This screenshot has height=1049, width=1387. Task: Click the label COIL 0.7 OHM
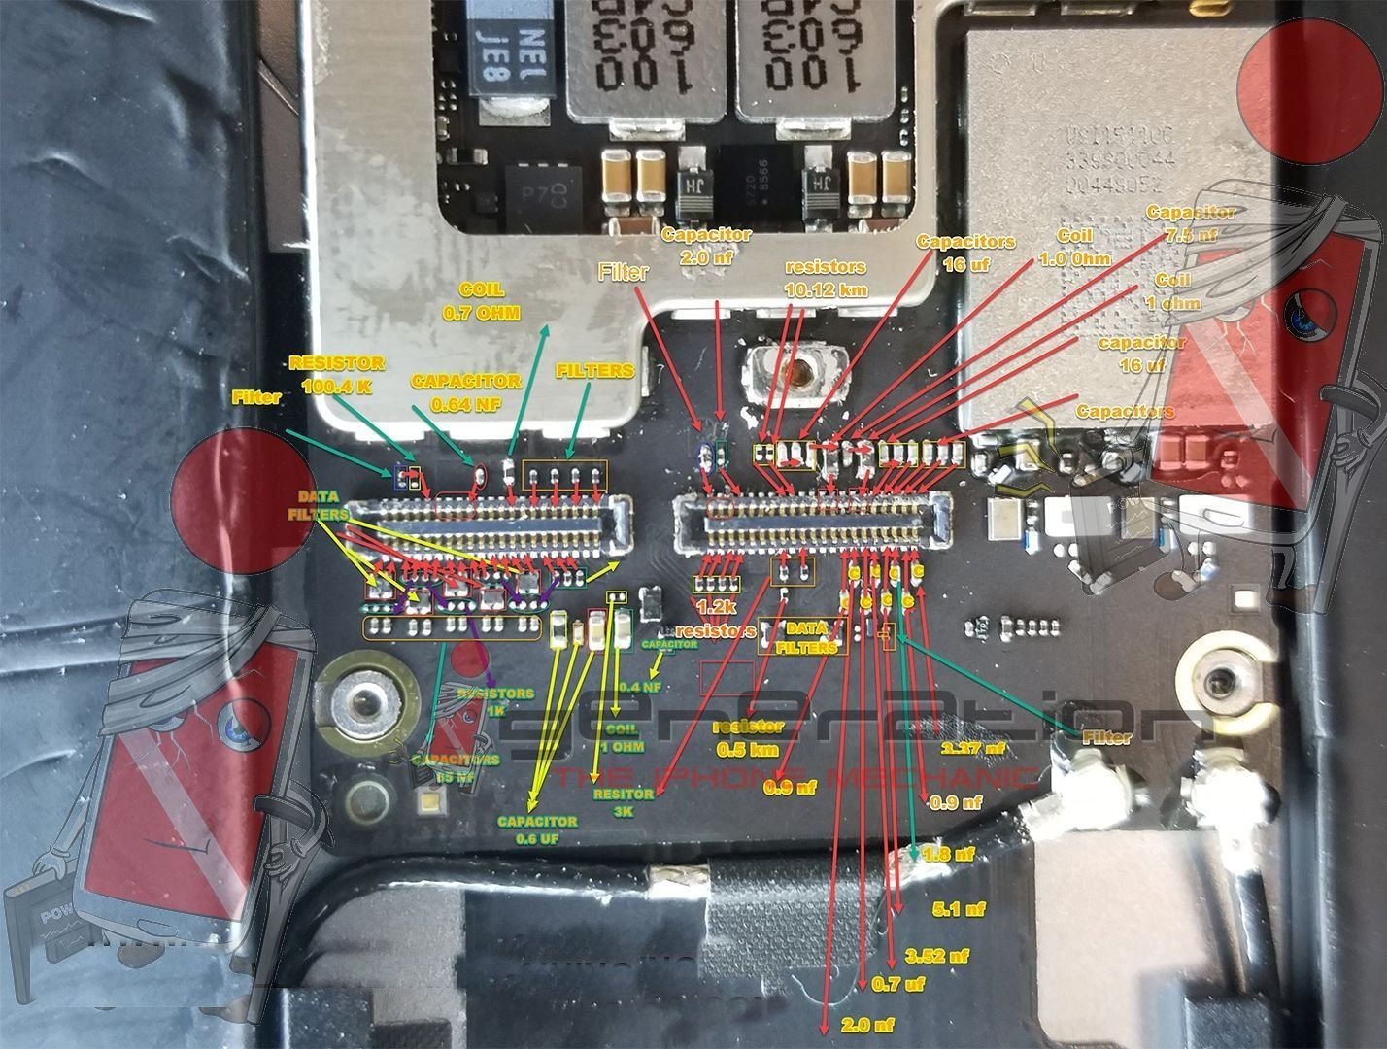481,302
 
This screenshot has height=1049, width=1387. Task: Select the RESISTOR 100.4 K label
337,374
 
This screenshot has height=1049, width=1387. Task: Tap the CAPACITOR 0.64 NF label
466,391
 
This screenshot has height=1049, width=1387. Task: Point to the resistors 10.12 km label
826,277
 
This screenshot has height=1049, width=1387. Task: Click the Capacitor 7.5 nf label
1191,223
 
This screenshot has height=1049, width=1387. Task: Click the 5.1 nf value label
959,909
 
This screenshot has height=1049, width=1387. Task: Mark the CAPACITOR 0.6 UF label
537,829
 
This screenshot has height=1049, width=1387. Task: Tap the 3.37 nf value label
974,748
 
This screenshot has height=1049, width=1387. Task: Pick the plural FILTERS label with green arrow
594,371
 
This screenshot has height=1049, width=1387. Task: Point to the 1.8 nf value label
949,855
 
